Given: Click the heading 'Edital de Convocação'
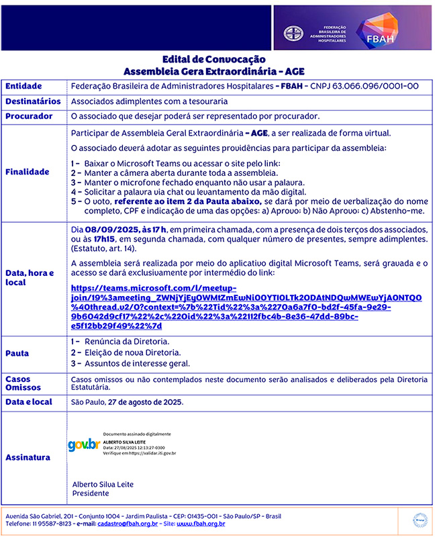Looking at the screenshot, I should click(218, 60).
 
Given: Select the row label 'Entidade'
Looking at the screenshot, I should click(23, 87).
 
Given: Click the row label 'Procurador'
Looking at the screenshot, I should click(29, 116).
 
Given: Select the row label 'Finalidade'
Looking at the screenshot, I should click(28, 172).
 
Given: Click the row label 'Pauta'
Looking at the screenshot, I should click(17, 353).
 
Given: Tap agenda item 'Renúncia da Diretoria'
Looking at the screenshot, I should click(127, 342).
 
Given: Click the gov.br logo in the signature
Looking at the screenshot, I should click(84, 445).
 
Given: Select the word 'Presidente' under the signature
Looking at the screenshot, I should click(91, 493).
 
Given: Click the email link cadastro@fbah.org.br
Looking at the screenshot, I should click(128, 524).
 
